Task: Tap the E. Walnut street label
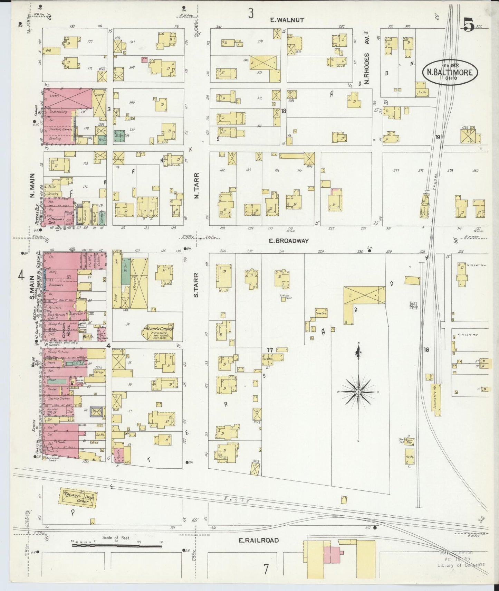pos(287,20)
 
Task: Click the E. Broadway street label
pos(289,241)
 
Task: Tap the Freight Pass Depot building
pos(79,498)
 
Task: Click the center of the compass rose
pos(358,392)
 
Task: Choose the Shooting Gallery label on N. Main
pos(60,129)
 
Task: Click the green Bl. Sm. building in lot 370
pos(120,137)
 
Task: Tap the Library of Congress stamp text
pos(461,565)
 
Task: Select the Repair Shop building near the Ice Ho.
pos(410,441)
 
